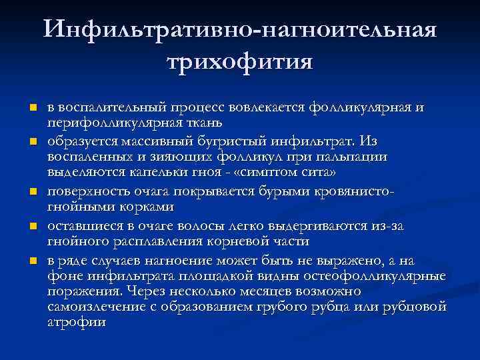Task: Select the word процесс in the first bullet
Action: coord(200,108)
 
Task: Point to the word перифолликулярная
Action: coord(111,123)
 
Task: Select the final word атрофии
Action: coord(77,323)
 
